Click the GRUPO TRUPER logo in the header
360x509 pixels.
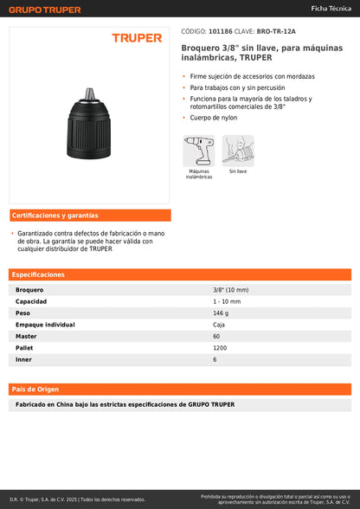(x=45, y=10)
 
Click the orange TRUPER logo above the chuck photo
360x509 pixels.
(x=137, y=38)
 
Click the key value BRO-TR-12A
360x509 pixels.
(x=277, y=31)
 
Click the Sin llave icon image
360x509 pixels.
(x=237, y=150)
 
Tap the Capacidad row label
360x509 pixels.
(x=31, y=301)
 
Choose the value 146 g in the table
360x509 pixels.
(x=222, y=312)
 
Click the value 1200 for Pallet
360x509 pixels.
(x=221, y=347)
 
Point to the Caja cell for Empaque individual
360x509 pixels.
(x=219, y=324)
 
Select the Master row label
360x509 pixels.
(x=26, y=336)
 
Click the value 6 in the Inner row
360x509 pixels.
(x=215, y=358)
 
